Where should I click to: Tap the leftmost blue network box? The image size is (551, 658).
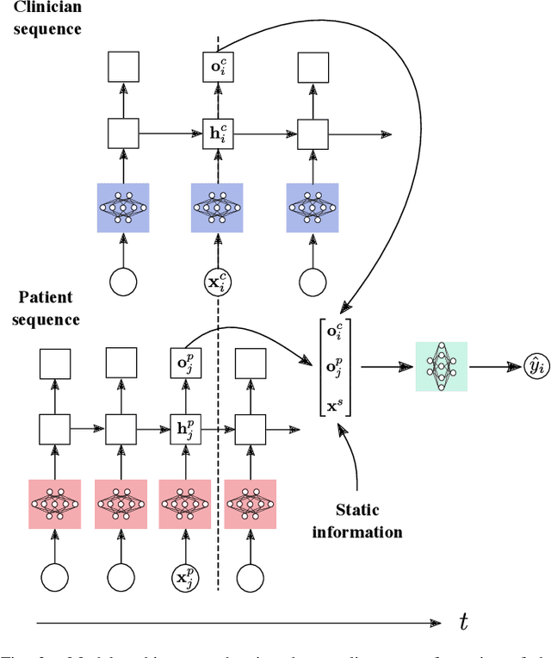pyautogui.click(x=123, y=208)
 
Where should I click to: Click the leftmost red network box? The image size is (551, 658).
pyautogui.click(x=55, y=503)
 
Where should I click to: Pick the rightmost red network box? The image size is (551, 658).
pyautogui.click(x=251, y=503)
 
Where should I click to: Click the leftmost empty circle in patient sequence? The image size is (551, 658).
pyautogui.click(x=55, y=576)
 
